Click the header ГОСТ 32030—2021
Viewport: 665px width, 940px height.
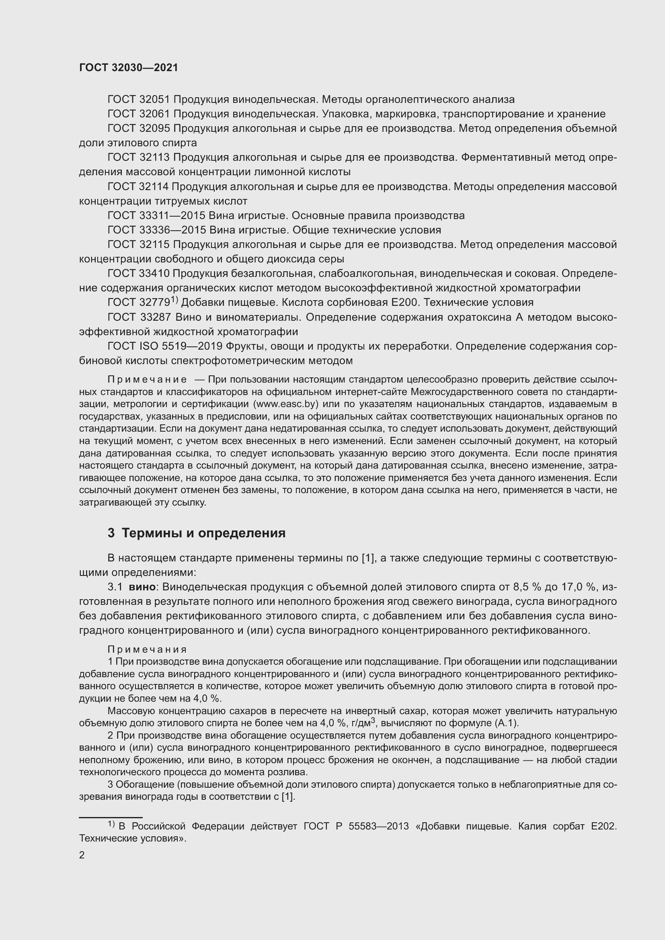click(129, 68)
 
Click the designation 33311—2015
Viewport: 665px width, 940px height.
click(172, 215)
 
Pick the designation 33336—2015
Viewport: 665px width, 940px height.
click(172, 230)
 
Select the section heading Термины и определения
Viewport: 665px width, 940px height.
click(203, 533)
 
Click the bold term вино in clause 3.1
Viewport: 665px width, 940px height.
click(142, 587)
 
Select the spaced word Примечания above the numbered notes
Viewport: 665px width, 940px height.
click(148, 649)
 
